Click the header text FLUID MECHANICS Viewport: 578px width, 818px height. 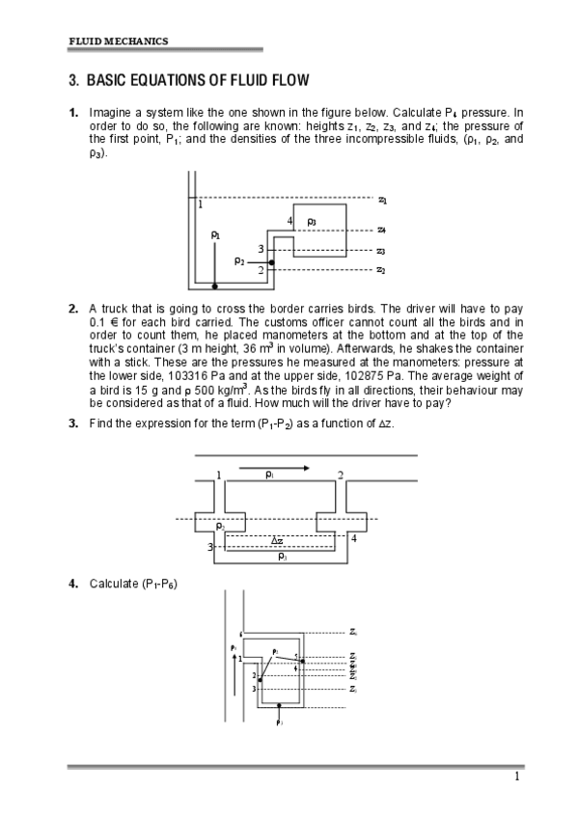pyautogui.click(x=118, y=41)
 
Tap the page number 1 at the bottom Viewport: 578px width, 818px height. pyautogui.click(x=517, y=777)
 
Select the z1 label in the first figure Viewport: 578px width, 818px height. pyautogui.click(x=382, y=200)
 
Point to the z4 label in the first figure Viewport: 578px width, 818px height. pyautogui.click(x=382, y=231)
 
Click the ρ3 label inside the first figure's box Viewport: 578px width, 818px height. pyautogui.click(x=312, y=222)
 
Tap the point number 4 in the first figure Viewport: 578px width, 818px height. pyautogui.click(x=289, y=222)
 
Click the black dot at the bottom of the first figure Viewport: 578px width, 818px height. pyautogui.click(x=214, y=286)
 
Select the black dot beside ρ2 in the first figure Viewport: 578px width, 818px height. pyautogui.click(x=272, y=261)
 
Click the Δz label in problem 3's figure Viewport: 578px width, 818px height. pyautogui.click(x=277, y=541)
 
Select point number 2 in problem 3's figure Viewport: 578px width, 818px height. pyautogui.click(x=340, y=476)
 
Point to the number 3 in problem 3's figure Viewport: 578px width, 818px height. pyautogui.click(x=209, y=547)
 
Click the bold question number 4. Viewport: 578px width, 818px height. pyautogui.click(x=73, y=584)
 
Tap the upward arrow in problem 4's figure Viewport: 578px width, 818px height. pyautogui.click(x=234, y=666)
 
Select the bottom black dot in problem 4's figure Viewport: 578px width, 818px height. pyautogui.click(x=279, y=706)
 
